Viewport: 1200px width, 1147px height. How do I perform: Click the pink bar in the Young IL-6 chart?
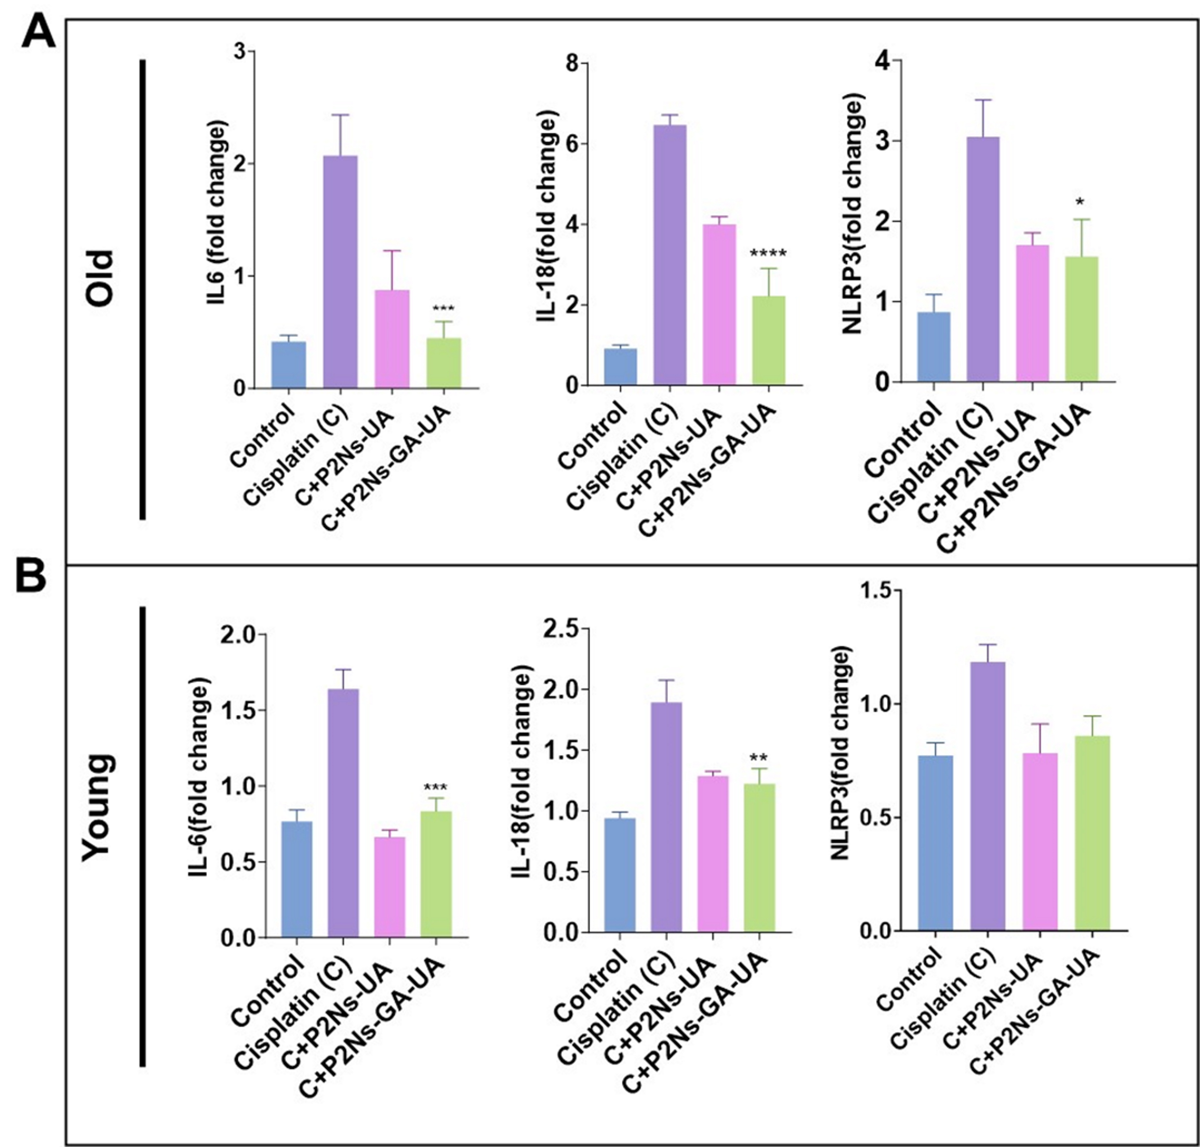[x=390, y=887]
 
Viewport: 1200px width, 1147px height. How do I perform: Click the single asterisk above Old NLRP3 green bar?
[x=1081, y=202]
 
